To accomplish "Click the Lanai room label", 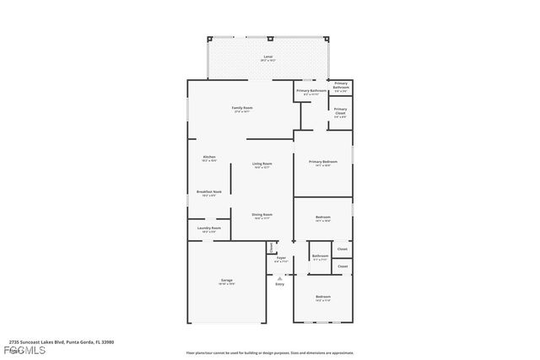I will point(267,56).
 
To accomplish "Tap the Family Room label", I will point(243,108).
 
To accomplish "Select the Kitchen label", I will point(209,157).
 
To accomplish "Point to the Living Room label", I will point(262,164).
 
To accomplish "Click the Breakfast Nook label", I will point(209,192).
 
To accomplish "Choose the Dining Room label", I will point(262,215).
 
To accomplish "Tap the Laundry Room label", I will point(209,228).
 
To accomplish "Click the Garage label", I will point(227,280).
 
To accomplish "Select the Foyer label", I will point(281,258).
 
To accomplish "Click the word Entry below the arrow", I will point(280,284).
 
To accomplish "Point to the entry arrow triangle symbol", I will point(280,277).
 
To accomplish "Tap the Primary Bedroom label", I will point(322,162).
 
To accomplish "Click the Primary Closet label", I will point(340,110).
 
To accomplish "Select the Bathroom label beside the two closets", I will point(321,256).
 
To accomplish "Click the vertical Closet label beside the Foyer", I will point(272,247).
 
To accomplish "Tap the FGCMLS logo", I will point(15,350).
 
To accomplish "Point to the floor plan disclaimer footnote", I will point(269,352).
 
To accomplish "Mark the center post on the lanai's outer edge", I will point(269,39).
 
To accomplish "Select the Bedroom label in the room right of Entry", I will point(323,297).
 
